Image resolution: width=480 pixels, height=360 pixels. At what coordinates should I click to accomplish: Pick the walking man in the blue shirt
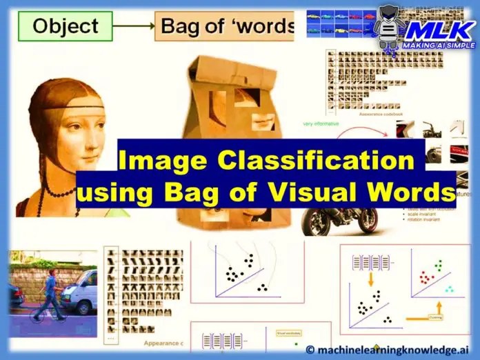(49, 293)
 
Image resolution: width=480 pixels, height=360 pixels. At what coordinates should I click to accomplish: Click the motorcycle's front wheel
(318, 222)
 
